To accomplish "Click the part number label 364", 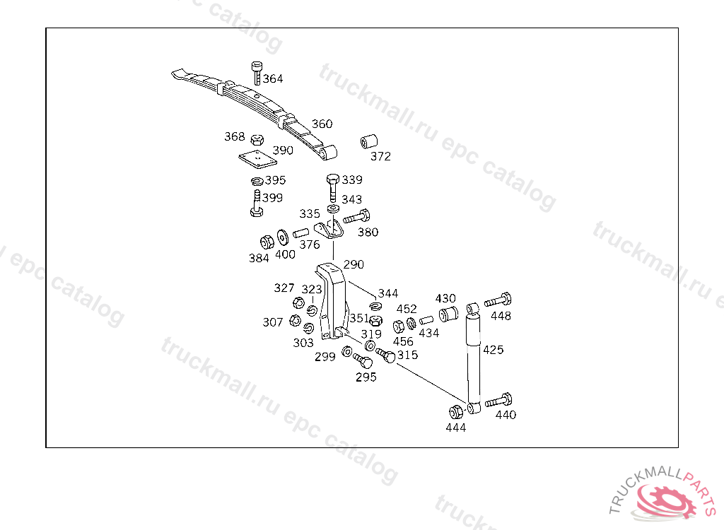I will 273,79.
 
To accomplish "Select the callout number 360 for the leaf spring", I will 322,124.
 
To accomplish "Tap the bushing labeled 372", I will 368,141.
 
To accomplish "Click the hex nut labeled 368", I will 258,139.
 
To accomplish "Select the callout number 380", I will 368,232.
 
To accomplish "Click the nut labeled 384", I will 267,240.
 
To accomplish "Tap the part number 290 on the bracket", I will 354,265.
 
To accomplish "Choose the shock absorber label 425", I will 494,349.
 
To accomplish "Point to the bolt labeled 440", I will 498,401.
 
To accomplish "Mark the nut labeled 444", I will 456,411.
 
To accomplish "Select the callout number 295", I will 366,377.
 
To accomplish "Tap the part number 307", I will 273,323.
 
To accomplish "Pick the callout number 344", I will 388,293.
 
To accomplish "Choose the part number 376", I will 309,245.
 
